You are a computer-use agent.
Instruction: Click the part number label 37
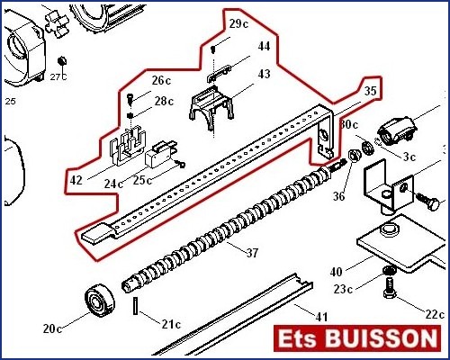coord(252,253)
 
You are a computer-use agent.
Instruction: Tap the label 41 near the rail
coord(321,317)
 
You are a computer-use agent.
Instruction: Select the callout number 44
coord(264,46)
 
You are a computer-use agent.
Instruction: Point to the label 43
coord(264,74)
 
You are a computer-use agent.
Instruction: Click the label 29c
coord(238,23)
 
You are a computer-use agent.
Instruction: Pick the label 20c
coord(52,328)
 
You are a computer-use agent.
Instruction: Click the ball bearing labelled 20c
coord(100,302)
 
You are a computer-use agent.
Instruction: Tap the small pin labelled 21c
coord(135,306)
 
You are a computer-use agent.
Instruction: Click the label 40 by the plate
coord(336,272)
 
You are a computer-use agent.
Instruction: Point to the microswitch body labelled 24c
coord(158,156)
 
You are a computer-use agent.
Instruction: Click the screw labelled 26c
coord(130,99)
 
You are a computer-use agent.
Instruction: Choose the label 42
coord(76,180)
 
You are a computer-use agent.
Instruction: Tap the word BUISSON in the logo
coord(381,338)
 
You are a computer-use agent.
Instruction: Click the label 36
coord(338,196)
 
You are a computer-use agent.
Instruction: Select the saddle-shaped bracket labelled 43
coord(211,107)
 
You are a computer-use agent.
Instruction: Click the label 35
coord(370,90)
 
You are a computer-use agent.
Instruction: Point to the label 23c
coord(343,289)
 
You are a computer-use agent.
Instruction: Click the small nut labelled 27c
coord(62,61)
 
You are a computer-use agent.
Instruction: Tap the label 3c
coord(409,157)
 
